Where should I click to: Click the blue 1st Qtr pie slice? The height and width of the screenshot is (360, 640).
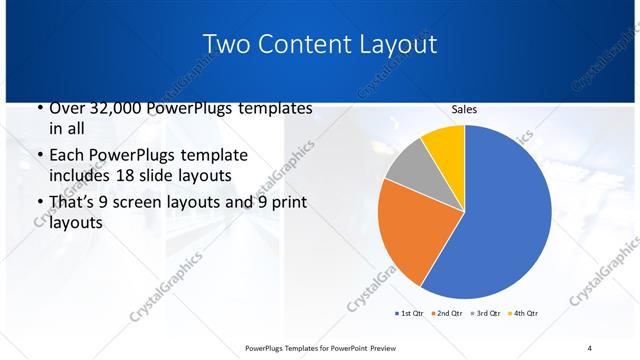pyautogui.click(x=505, y=215)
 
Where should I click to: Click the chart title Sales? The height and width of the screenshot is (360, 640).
pyautogui.click(x=464, y=109)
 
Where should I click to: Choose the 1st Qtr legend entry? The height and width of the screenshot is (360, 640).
pyautogui.click(x=410, y=314)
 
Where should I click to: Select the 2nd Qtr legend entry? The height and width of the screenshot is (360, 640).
pyautogui.click(x=447, y=314)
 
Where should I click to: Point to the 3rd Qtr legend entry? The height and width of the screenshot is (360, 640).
pyautogui.click(x=485, y=314)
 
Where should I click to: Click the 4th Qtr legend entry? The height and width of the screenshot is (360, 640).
pyautogui.click(x=522, y=314)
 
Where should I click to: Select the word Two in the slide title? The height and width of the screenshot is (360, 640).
pyautogui.click(x=227, y=44)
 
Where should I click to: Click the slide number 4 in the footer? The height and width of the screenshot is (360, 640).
pyautogui.click(x=589, y=347)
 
